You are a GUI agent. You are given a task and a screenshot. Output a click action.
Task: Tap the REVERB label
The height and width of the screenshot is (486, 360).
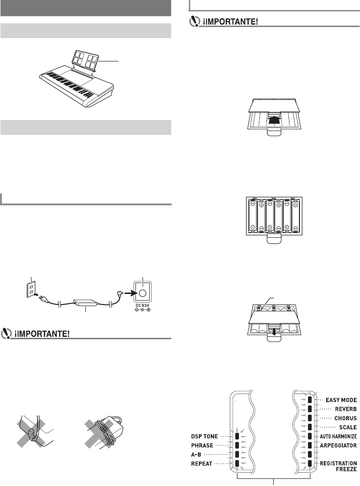point(344,409)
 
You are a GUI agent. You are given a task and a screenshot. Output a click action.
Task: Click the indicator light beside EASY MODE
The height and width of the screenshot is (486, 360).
point(309,400)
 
